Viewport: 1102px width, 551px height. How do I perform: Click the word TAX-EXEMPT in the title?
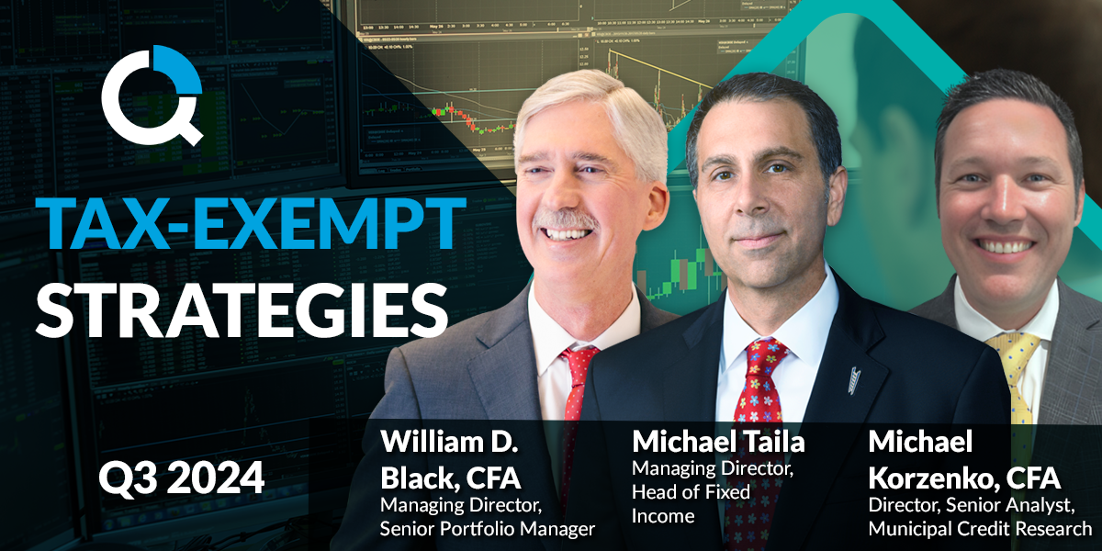pyautogui.click(x=251, y=223)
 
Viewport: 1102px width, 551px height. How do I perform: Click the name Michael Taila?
pyautogui.click(x=718, y=442)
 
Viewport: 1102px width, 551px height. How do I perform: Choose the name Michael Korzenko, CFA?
pyautogui.click(x=964, y=459)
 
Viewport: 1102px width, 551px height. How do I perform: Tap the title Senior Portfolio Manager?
pyautogui.click(x=488, y=529)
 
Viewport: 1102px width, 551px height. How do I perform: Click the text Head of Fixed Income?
pyautogui.click(x=691, y=504)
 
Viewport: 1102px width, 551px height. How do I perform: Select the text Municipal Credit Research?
pyautogui.click(x=980, y=529)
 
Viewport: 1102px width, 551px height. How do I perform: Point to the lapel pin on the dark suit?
pyautogui.click(x=855, y=380)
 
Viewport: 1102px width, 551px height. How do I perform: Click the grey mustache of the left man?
pyautogui.click(x=567, y=219)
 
